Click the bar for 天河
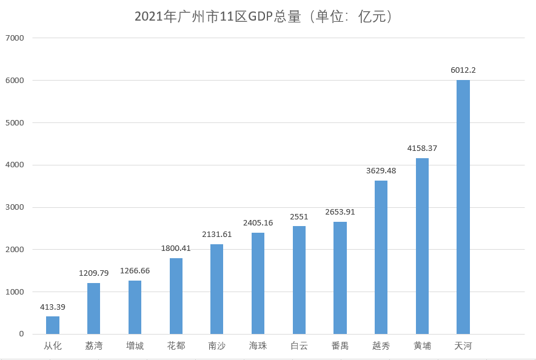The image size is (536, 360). (463, 207)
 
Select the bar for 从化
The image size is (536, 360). (53, 325)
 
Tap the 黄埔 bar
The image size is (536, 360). (422, 246)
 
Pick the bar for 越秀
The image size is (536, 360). (381, 257)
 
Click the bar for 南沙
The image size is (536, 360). (216, 289)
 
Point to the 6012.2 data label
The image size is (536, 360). (463, 70)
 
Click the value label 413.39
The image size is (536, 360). (53, 307)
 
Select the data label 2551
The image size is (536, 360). (299, 217)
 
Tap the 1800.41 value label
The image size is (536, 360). (176, 248)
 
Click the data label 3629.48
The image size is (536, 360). (381, 171)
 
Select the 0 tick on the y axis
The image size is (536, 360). (21, 334)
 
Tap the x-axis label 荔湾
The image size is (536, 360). (93, 347)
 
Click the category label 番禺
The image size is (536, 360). (340, 347)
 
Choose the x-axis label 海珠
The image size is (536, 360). (258, 347)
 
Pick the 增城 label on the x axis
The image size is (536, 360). (135, 347)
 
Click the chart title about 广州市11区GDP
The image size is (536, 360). (267, 16)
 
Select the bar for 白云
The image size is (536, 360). (299, 280)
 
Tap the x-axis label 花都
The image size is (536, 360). (176, 347)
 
